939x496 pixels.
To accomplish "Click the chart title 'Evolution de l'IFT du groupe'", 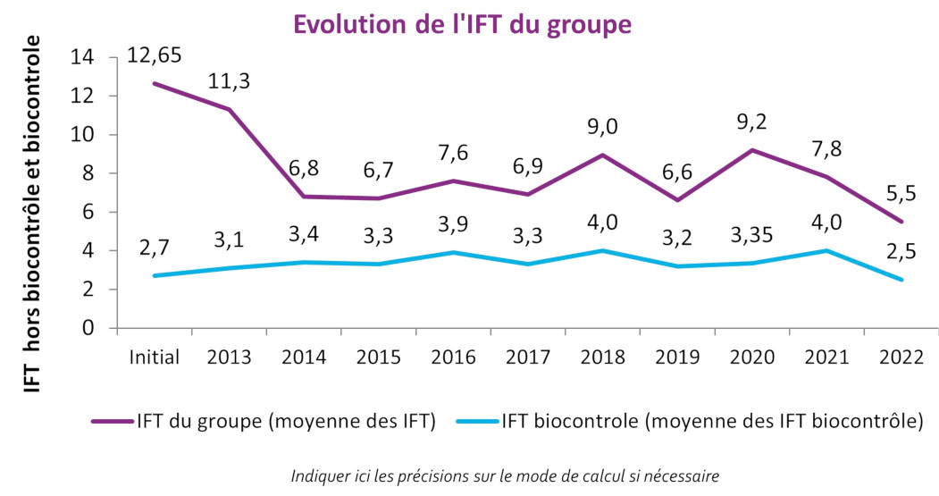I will [x=462, y=24].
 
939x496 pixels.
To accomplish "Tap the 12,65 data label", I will [x=155, y=55].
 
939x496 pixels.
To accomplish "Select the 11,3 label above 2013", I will [x=229, y=81].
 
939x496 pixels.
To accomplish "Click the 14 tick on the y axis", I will [x=82, y=57].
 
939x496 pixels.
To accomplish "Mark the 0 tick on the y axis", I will [x=88, y=328].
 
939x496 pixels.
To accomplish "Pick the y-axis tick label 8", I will [x=88, y=173].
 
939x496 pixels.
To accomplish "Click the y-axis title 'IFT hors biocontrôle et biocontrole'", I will [x=33, y=214].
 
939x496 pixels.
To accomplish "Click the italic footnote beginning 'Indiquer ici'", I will [x=505, y=475].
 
